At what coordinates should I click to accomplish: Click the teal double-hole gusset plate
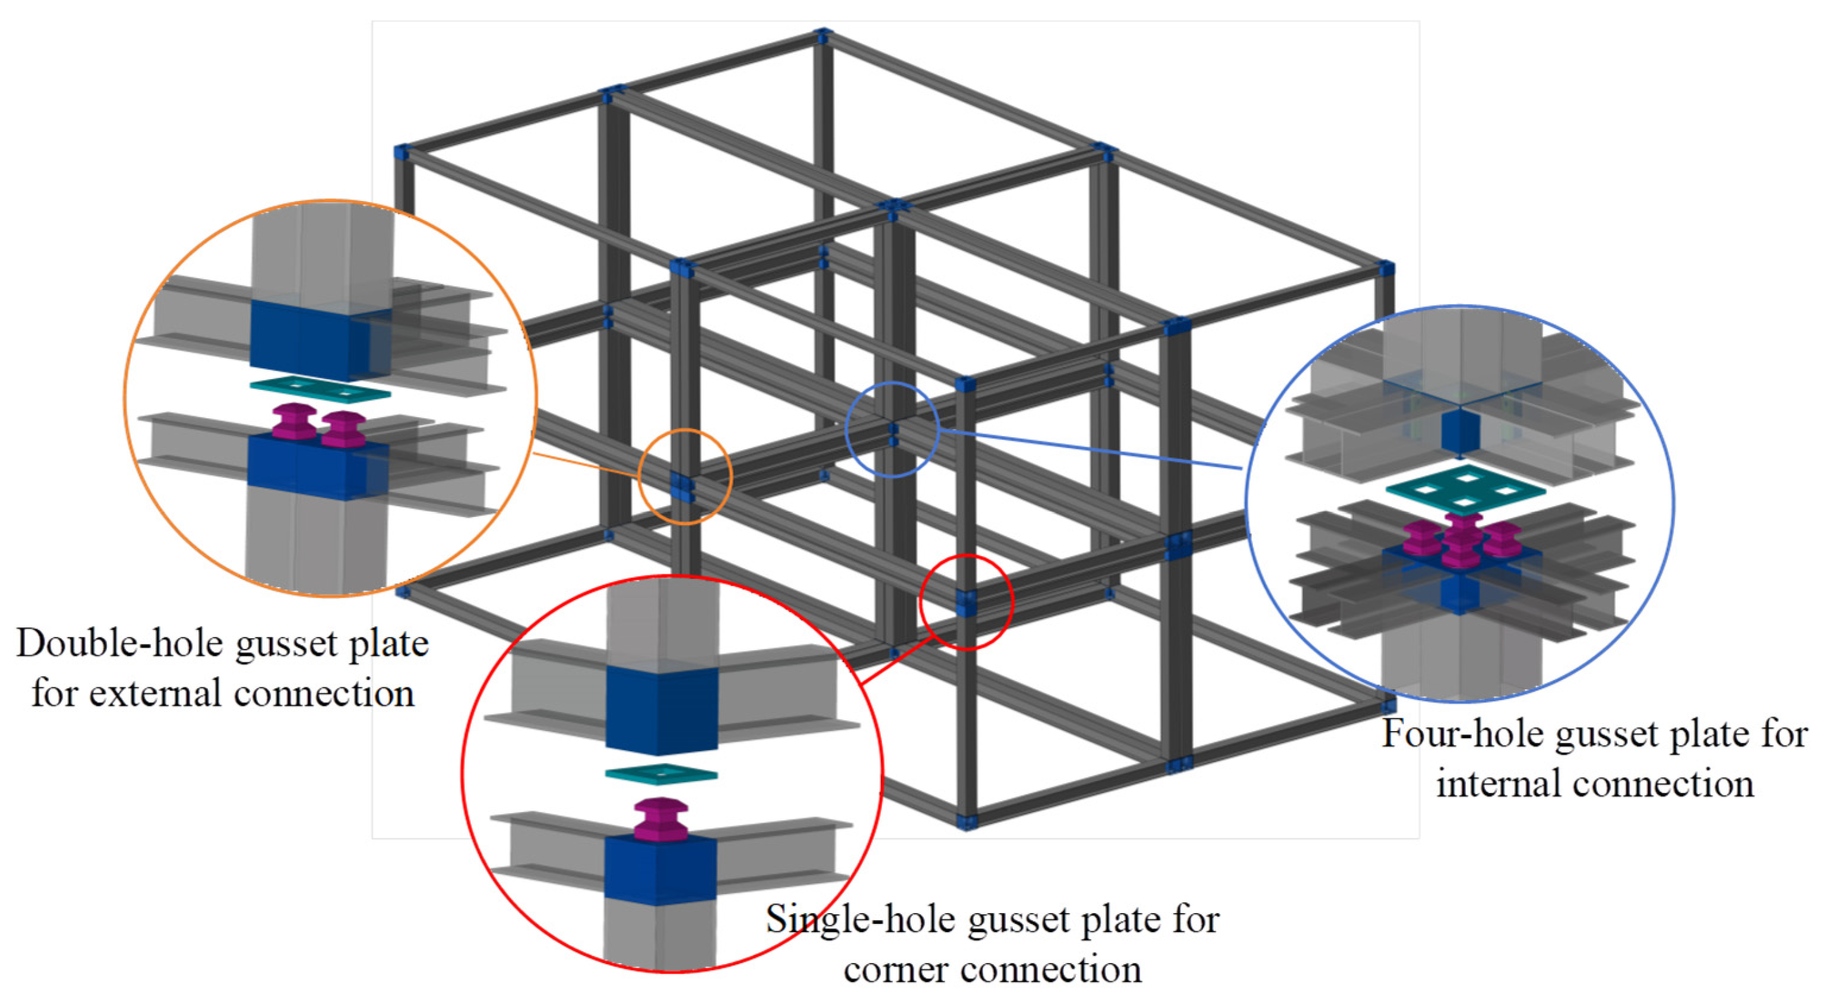pyautogui.click(x=320, y=390)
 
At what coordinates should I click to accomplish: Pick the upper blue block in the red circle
pyautogui.click(x=662, y=708)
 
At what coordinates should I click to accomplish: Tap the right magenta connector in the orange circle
pyautogui.click(x=344, y=429)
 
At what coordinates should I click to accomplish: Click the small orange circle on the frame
pyautogui.click(x=685, y=476)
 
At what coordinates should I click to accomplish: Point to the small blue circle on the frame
pyautogui.click(x=892, y=429)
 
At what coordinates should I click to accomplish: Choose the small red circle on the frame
pyautogui.click(x=967, y=602)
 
